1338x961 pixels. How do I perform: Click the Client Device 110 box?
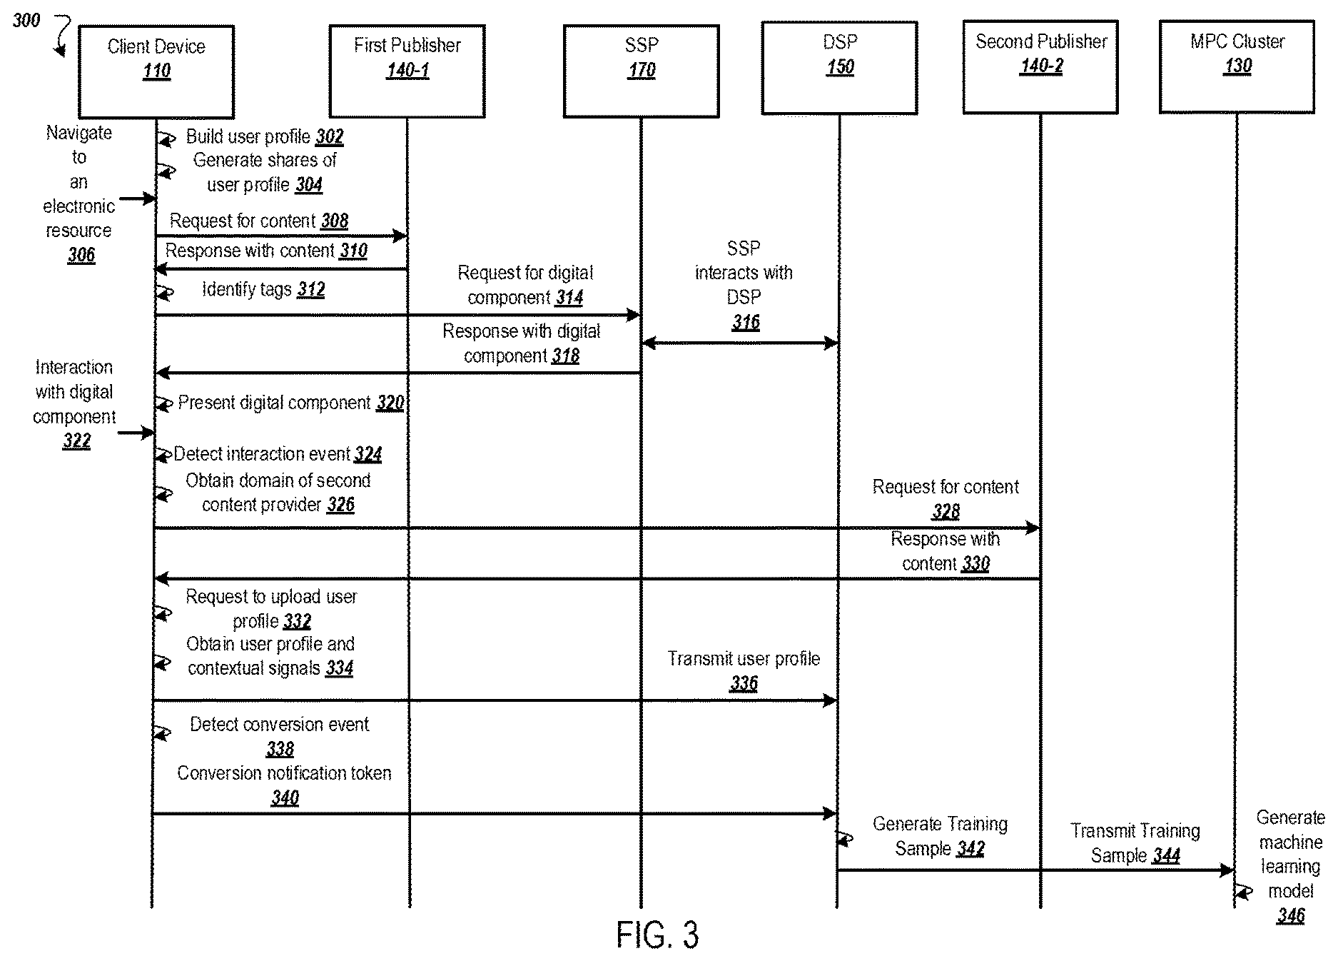pos(156,71)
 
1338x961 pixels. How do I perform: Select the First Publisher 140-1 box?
pos(407,71)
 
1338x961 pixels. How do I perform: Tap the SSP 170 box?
pos(641,71)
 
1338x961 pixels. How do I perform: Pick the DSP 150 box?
pos(839,68)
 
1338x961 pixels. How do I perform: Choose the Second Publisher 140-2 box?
pos(1040,67)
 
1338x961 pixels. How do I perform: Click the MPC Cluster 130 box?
pos(1237,66)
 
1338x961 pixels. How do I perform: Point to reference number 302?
pos(330,136)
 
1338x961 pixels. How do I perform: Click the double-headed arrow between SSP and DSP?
pos(739,343)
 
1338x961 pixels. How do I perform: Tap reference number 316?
pos(746,322)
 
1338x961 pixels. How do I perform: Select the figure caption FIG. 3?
pos(657,935)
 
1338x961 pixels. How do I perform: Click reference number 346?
pos(1290,915)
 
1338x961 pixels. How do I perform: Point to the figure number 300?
pos(26,20)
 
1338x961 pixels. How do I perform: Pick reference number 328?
pos(946,511)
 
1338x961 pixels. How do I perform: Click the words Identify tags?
pos(247,289)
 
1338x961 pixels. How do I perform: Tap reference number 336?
pos(744,683)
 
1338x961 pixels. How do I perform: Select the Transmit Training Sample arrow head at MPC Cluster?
pos(1229,870)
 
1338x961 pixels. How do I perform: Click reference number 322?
pos(76,441)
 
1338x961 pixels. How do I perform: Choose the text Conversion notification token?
pos(284,773)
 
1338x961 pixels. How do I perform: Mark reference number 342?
pos(970,848)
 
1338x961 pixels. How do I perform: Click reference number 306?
pos(81,255)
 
